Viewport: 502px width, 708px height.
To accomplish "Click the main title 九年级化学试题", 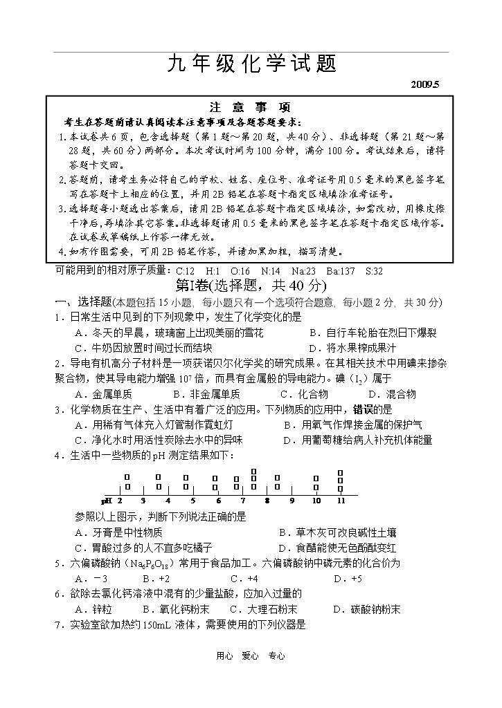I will pos(251,64).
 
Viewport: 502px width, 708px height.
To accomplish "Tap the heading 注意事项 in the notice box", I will pos(250,107).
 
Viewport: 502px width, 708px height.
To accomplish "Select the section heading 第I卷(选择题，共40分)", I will pos(251,286).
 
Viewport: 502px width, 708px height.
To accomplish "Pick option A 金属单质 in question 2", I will pos(103,394).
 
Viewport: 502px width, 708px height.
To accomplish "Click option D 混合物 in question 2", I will pos(393,394).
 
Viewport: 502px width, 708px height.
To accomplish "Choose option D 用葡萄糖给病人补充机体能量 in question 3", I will pos(358,440).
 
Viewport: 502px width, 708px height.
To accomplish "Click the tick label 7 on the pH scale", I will pos(243,501).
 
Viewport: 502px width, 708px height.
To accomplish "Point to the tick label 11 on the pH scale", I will pos(341,501).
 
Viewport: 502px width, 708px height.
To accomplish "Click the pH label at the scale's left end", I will pos(107,501).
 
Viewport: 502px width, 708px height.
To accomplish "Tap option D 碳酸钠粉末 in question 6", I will pos(367,609).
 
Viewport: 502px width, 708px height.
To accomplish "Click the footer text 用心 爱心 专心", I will pos(251,656).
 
